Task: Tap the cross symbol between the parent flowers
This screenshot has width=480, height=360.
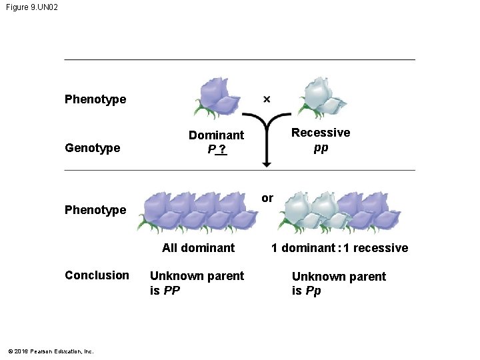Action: click(267, 99)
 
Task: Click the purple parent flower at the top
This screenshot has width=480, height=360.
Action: click(220, 95)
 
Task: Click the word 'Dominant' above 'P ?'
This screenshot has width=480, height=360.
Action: click(216, 135)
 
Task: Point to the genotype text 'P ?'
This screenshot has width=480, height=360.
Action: click(217, 149)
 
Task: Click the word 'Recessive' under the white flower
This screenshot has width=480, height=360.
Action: click(321, 133)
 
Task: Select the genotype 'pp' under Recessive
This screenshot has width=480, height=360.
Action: click(321, 147)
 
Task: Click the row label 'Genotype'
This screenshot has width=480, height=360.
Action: click(93, 148)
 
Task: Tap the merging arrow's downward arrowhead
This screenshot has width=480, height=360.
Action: click(267, 163)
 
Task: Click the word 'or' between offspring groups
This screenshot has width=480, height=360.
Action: click(267, 198)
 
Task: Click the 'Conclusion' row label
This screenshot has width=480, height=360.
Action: click(97, 275)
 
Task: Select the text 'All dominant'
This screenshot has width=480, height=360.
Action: click(199, 248)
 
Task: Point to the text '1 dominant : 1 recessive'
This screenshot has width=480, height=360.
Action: click(339, 248)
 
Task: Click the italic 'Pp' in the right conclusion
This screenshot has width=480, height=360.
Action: click(313, 291)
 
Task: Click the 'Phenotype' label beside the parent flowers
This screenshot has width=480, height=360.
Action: click(95, 99)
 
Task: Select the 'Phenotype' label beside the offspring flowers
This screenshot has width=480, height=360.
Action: click(95, 210)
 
